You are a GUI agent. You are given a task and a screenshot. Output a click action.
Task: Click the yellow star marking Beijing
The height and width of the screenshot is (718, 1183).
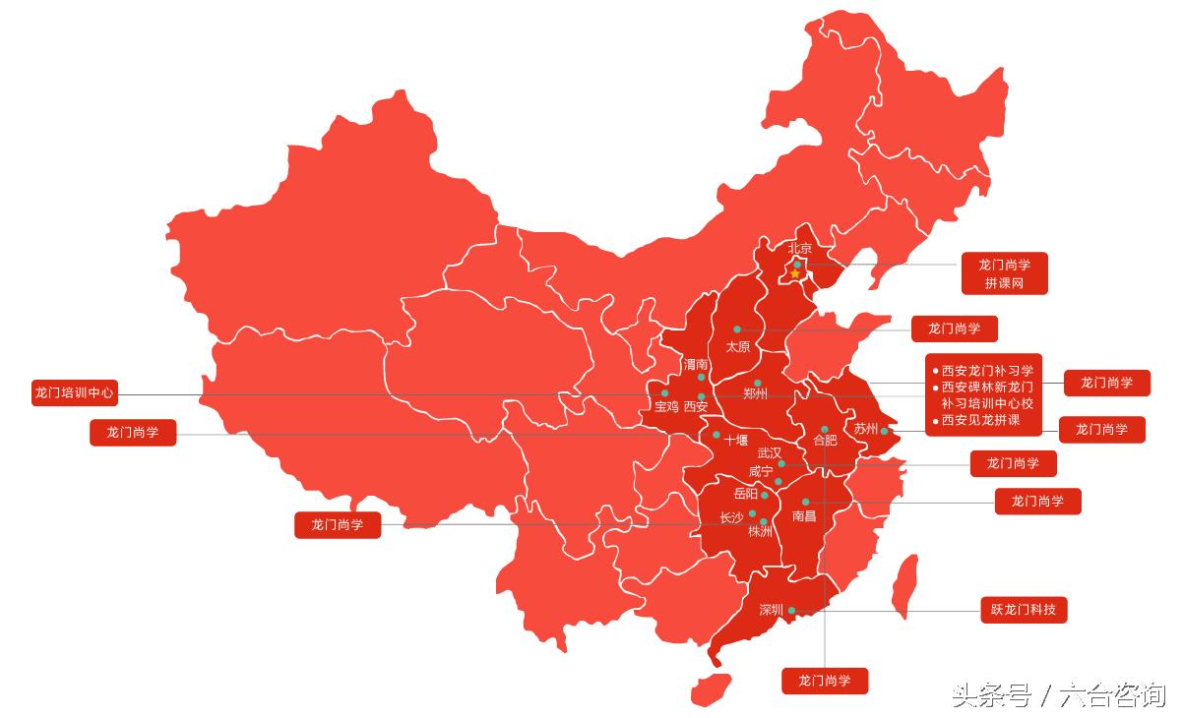[795, 273]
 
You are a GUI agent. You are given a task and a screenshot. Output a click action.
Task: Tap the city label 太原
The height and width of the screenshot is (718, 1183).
[738, 346]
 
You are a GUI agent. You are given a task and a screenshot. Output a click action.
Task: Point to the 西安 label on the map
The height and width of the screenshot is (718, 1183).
[696, 405]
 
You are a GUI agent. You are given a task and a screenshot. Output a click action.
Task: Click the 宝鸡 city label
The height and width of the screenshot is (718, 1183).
[666, 405]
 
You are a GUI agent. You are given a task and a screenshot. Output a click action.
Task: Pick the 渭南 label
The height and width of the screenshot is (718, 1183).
[696, 364]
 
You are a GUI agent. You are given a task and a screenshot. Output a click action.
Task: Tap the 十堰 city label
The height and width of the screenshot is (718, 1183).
[736, 441]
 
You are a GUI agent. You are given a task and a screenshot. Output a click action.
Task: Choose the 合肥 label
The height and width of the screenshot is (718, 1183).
[825, 441]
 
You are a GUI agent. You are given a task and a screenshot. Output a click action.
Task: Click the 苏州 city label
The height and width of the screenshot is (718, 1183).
[865, 429]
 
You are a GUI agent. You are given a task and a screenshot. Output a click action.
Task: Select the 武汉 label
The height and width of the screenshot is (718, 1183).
[770, 453]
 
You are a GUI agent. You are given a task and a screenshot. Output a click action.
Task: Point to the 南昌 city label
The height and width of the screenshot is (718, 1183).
[804, 515]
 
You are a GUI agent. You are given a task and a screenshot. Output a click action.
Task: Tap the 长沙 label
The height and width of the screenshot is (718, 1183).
[731, 516]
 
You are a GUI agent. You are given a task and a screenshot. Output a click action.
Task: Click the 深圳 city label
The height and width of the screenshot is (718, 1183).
[771, 610]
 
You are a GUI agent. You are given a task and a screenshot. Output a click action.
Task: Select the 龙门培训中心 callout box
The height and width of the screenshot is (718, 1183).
[75, 393]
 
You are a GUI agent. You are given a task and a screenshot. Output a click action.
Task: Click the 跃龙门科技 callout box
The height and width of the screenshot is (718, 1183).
[1024, 610]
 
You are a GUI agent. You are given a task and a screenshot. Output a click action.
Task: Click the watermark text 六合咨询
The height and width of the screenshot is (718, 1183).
[1112, 695]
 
